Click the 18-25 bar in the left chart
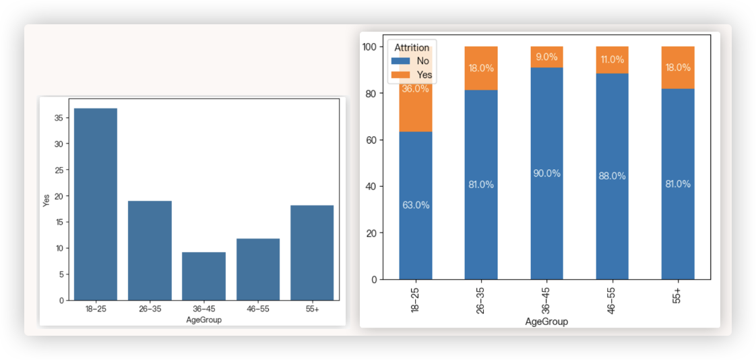(x=96, y=204)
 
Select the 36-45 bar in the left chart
(x=203, y=276)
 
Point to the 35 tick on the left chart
(x=59, y=118)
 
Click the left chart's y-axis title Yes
(x=46, y=200)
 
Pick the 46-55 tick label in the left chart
(x=257, y=309)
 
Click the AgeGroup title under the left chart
(x=203, y=320)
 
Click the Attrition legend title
(x=412, y=47)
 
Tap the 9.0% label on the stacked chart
(x=546, y=57)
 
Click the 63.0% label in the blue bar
(x=416, y=205)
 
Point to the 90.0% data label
(x=546, y=173)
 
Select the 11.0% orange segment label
(x=612, y=59)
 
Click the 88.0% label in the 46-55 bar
(x=612, y=176)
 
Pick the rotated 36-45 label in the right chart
(x=546, y=299)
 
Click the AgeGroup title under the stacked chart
(x=546, y=322)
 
